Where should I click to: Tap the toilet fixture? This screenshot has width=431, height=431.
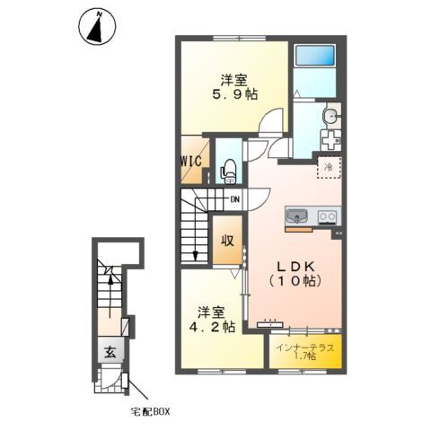click(228, 166)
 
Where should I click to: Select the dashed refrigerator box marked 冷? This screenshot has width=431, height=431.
click(329, 166)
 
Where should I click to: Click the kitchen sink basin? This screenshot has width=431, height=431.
click(297, 215)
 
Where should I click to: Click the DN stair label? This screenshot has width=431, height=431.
click(234, 199)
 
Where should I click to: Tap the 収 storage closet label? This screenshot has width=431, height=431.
click(228, 240)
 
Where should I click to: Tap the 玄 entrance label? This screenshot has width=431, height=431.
click(109, 352)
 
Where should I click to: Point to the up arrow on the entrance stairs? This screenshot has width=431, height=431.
click(110, 281)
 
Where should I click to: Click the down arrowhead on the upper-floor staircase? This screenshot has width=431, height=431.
click(195, 257)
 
